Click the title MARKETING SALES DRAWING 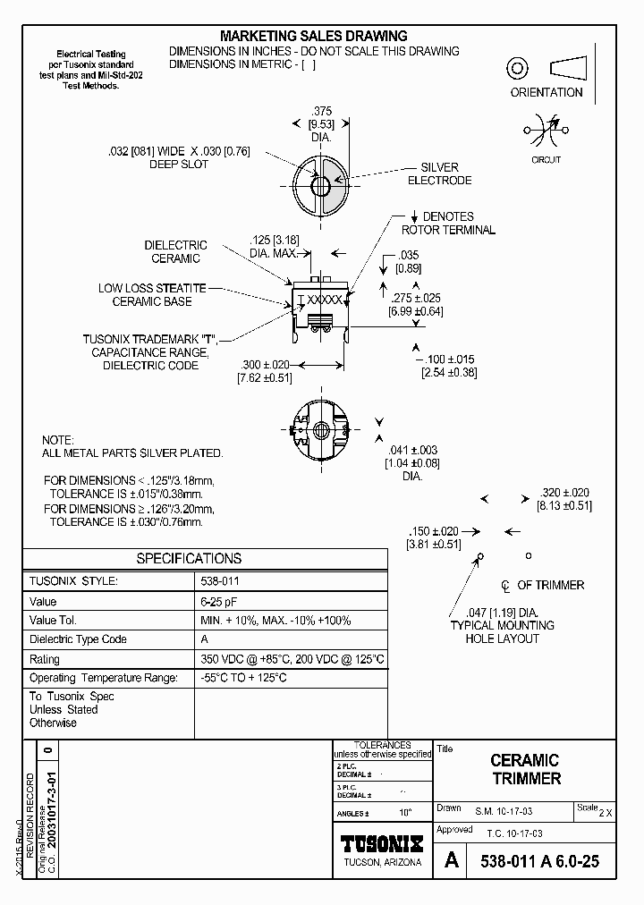pyautogui.click(x=313, y=36)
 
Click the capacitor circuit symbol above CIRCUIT pyautogui.click(x=546, y=132)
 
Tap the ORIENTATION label pyautogui.click(x=546, y=92)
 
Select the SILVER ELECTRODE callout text pyautogui.click(x=439, y=173)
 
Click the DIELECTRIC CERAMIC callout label pyautogui.click(x=175, y=251)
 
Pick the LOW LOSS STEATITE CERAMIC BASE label pyautogui.click(x=152, y=295)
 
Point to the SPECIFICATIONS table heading pyautogui.click(x=189, y=558)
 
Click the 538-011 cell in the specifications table pyautogui.click(x=219, y=581)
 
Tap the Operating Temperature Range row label pyautogui.click(x=104, y=678)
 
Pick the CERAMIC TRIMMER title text pyautogui.click(x=525, y=769)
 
